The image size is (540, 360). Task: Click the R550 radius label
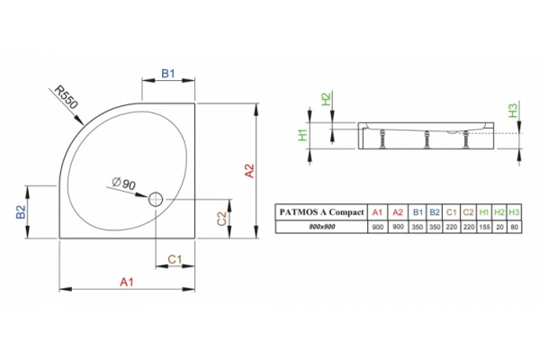(67, 97)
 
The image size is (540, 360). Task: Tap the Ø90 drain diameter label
(123, 184)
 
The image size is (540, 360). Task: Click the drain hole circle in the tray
(156, 199)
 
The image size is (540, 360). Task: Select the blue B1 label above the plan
(168, 74)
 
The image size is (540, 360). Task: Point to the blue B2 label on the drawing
(21, 211)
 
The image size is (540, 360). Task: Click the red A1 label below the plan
(126, 282)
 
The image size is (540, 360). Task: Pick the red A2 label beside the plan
(249, 171)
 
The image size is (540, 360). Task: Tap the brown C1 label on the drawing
(175, 259)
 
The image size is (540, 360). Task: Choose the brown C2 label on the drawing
(222, 219)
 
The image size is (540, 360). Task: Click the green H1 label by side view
(302, 135)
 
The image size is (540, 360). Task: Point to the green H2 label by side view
(326, 99)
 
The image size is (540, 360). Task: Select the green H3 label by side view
(513, 111)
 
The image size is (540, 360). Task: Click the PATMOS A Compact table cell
(321, 212)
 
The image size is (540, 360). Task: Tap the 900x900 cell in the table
(322, 227)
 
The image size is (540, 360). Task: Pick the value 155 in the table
(484, 227)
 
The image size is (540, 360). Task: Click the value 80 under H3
(515, 227)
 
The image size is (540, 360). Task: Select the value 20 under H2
(499, 227)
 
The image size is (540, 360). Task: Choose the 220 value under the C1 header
(451, 227)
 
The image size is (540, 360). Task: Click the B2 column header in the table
(435, 212)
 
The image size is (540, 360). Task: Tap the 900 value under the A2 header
(398, 227)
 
